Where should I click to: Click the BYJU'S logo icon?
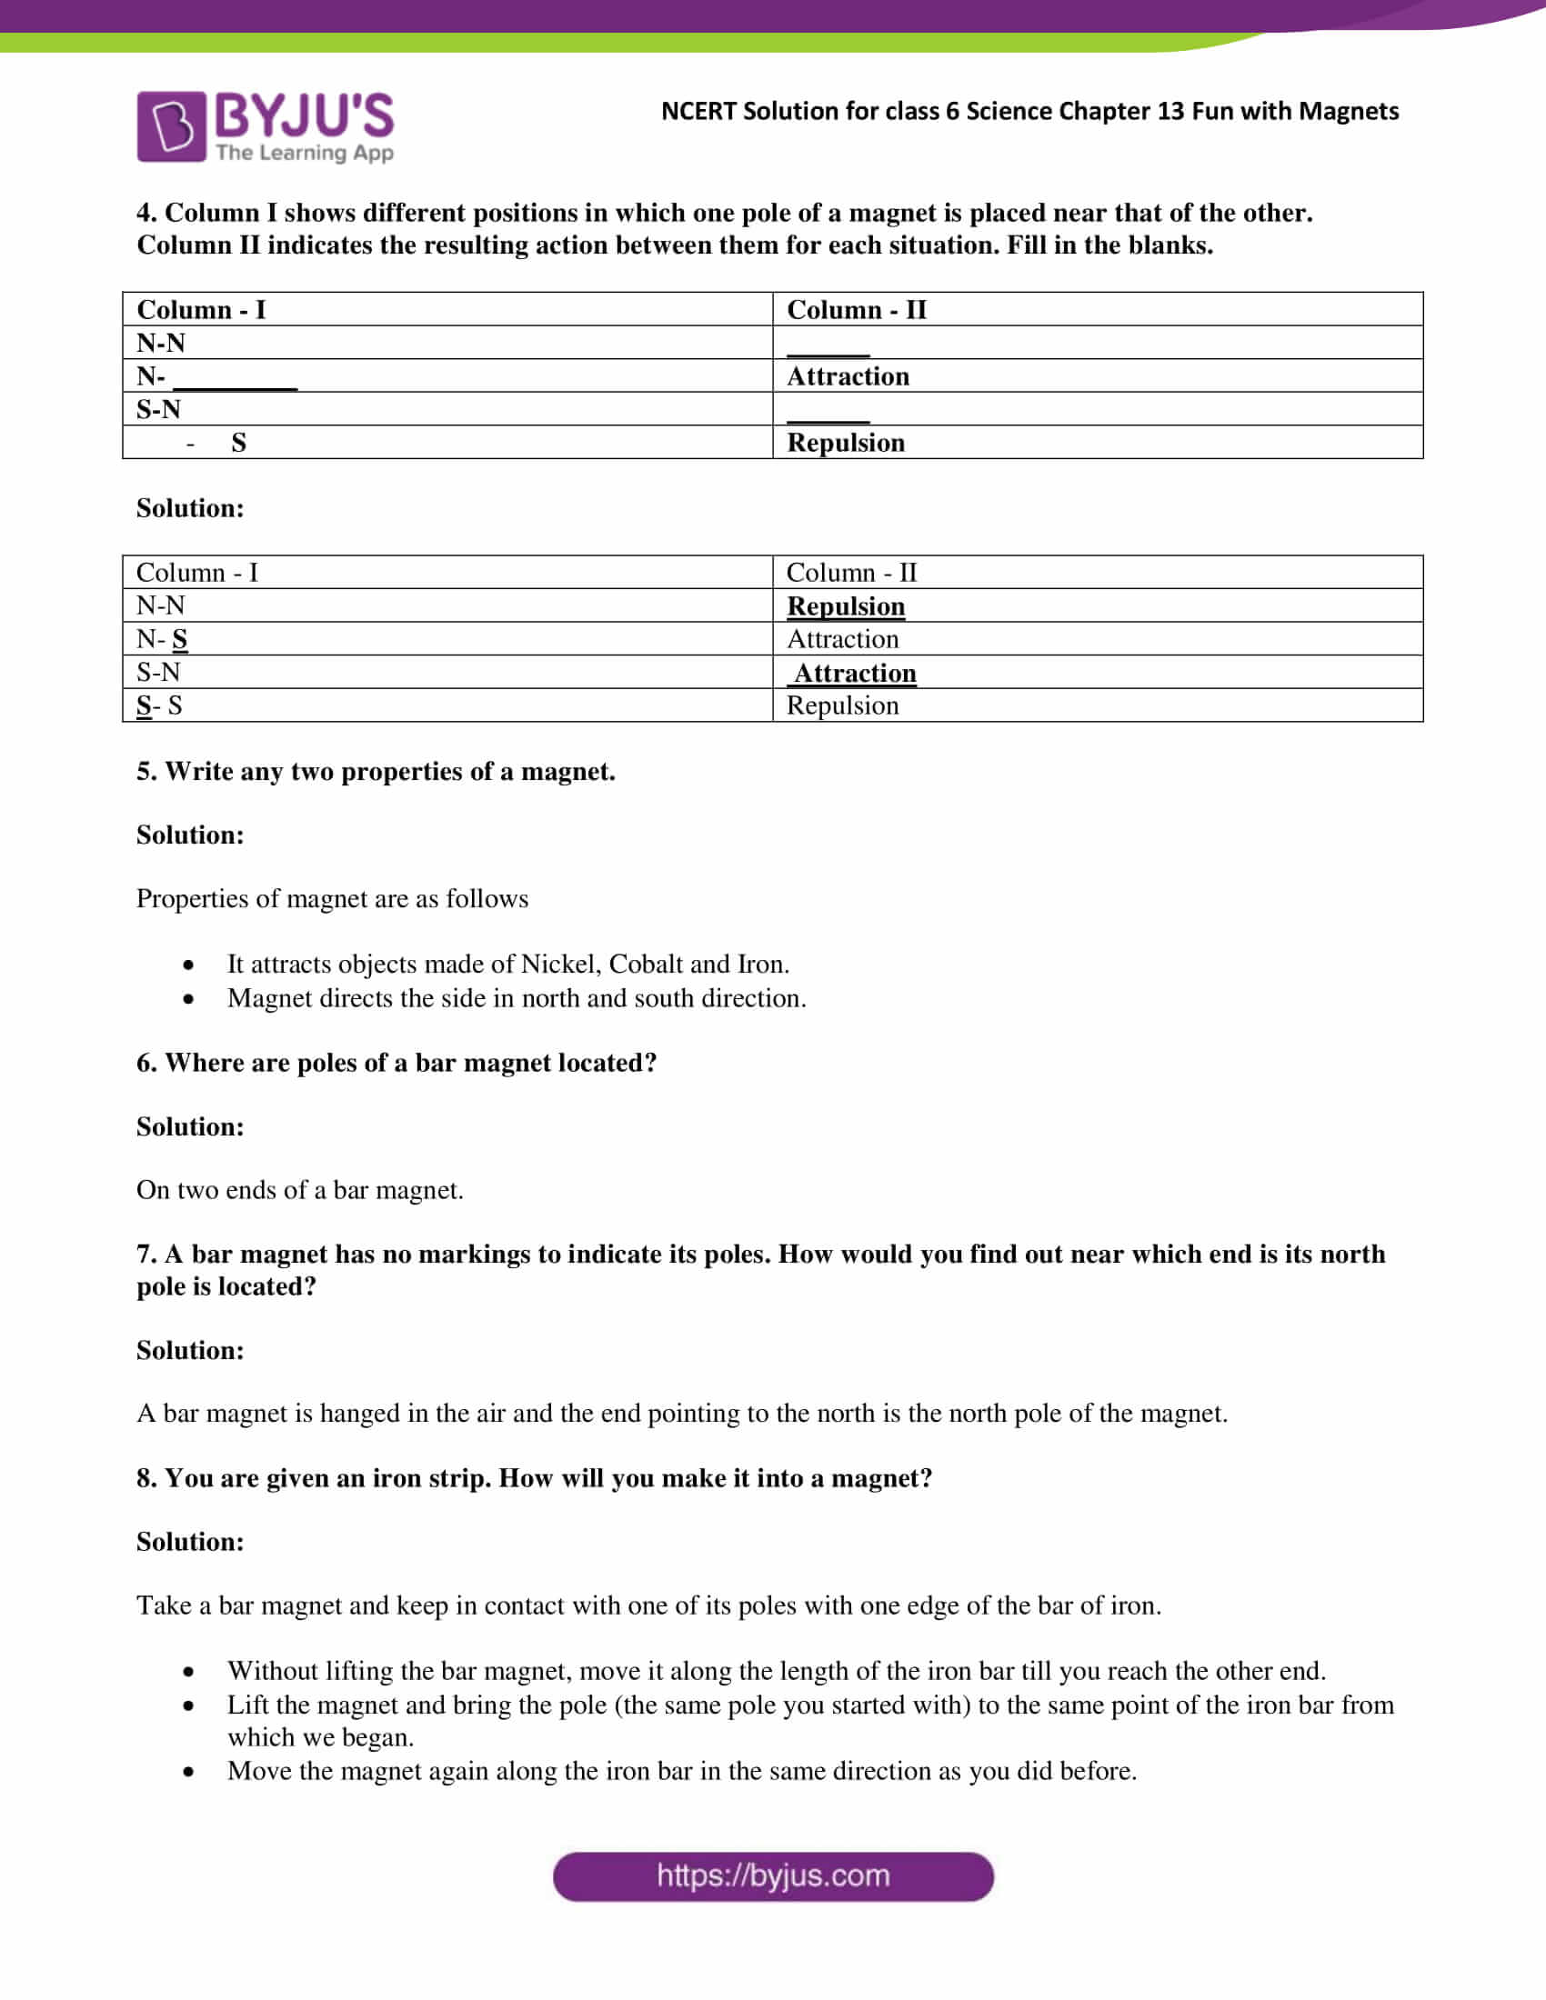(x=170, y=126)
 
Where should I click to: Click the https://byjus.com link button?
(x=772, y=1876)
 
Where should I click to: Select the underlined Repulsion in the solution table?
(x=846, y=606)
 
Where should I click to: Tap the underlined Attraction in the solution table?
(x=854, y=673)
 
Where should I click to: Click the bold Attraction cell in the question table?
(x=848, y=376)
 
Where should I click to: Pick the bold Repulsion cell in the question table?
(x=846, y=444)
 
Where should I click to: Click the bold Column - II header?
(x=857, y=309)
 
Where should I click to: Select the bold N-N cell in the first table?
(x=161, y=344)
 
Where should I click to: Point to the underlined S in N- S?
(x=179, y=639)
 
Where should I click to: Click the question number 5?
(x=145, y=772)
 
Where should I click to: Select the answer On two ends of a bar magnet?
(x=299, y=1191)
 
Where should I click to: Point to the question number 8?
(x=145, y=1479)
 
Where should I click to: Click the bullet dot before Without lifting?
(x=187, y=1672)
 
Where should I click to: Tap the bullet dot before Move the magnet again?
(x=187, y=1772)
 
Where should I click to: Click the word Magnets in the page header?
(x=1348, y=112)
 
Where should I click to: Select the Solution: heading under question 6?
(x=190, y=1127)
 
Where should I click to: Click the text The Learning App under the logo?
(x=304, y=153)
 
